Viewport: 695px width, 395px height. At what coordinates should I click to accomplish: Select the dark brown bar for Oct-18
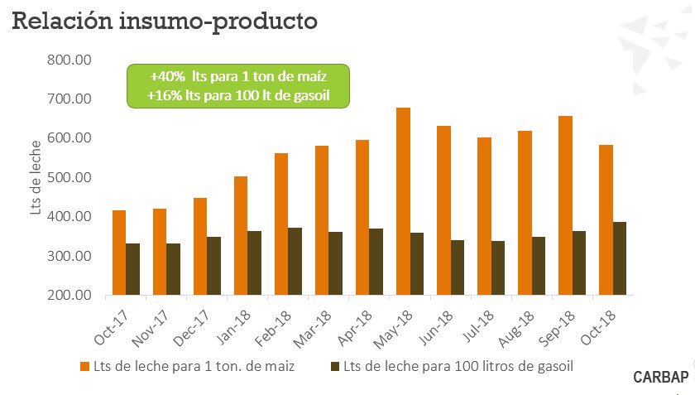tap(620, 258)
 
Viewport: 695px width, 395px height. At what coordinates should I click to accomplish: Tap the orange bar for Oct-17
tap(119, 253)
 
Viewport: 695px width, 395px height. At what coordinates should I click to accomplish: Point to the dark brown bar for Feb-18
tap(295, 261)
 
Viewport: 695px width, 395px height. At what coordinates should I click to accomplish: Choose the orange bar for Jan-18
tap(241, 235)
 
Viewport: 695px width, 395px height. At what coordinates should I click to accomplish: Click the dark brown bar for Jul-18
tap(498, 267)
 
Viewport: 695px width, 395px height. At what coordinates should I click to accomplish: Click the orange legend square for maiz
tap(84, 365)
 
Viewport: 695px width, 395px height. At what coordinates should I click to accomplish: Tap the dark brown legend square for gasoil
tap(335, 365)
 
